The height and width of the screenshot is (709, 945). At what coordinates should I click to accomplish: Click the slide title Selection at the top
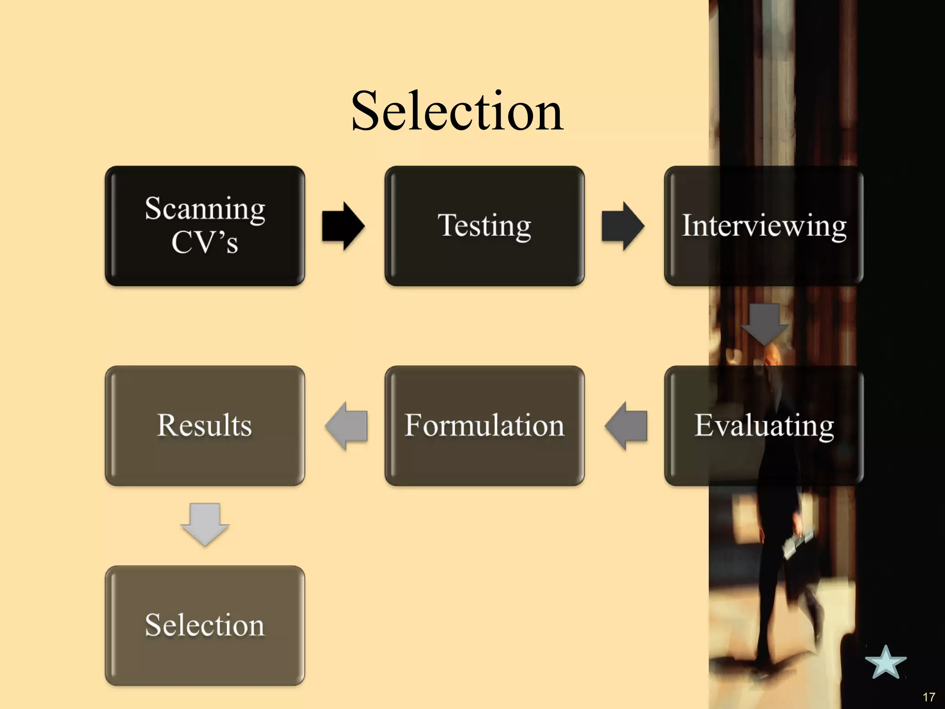coord(457,111)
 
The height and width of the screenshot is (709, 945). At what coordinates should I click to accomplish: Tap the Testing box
coord(484,226)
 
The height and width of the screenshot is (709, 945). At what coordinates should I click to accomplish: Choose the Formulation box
coord(484,425)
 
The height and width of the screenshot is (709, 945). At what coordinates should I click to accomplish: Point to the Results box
coord(205,425)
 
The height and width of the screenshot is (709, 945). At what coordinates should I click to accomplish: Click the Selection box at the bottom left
coord(205,625)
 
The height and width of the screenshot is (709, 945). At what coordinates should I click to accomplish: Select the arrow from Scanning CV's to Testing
coord(343,226)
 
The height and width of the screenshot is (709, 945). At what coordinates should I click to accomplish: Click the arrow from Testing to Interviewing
coord(623,226)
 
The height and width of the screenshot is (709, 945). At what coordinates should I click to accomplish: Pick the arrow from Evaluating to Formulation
coord(626,425)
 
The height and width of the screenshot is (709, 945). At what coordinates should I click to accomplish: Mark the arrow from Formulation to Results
coord(347,425)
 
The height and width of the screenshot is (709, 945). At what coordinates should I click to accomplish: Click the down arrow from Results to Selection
coord(205,524)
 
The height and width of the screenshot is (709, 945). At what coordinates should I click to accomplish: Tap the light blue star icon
coord(885,663)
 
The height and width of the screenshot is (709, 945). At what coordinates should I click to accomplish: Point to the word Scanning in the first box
coord(205,209)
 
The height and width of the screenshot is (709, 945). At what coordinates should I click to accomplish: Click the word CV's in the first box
coord(205,242)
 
